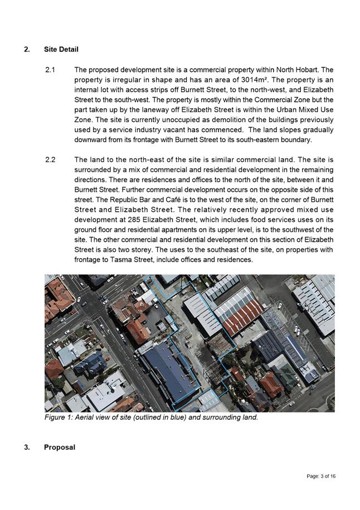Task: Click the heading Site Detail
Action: point(61,50)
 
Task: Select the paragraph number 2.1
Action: point(50,70)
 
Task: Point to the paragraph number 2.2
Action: point(50,160)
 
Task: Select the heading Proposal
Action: point(59,447)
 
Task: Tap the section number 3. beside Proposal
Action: point(27,447)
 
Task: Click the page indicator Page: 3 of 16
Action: point(321,477)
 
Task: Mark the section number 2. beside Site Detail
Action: point(27,50)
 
